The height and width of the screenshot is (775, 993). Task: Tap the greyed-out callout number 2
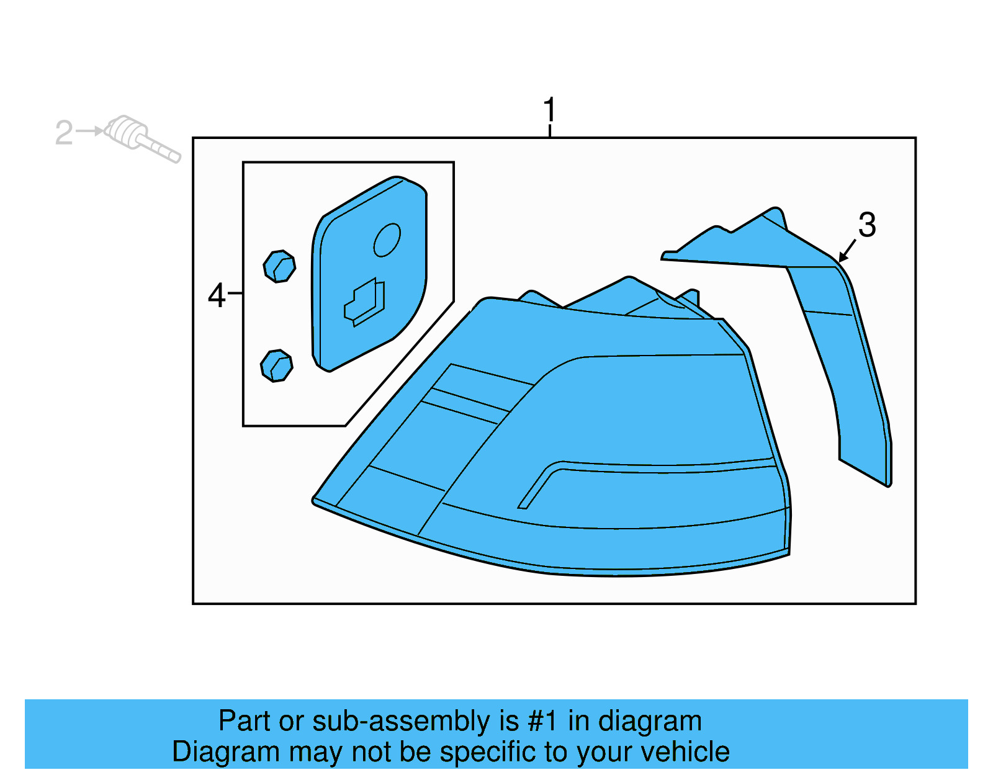click(x=64, y=133)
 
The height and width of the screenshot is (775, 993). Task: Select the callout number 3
click(x=867, y=225)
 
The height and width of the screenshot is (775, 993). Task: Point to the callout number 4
click(x=217, y=295)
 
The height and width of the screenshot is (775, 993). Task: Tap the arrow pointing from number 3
click(x=847, y=251)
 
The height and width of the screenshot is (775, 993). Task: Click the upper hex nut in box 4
click(x=279, y=266)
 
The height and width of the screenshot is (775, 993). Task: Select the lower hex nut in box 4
click(x=277, y=365)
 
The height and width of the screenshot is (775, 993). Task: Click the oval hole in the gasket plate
click(x=387, y=240)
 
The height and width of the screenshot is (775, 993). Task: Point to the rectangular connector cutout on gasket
click(x=365, y=302)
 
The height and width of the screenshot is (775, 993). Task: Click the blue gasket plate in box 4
click(x=372, y=279)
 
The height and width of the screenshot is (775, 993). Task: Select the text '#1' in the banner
click(x=542, y=721)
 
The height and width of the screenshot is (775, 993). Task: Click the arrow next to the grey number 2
click(x=90, y=131)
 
